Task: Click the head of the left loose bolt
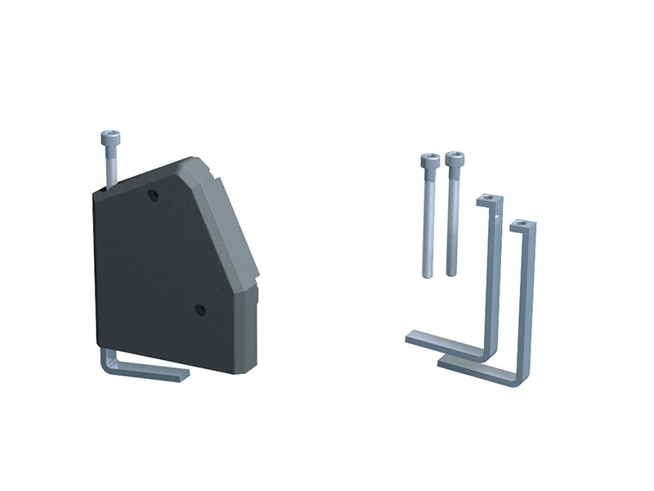coord(428,160)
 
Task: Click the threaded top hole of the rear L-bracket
coord(487,198)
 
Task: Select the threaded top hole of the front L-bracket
coord(518,223)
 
